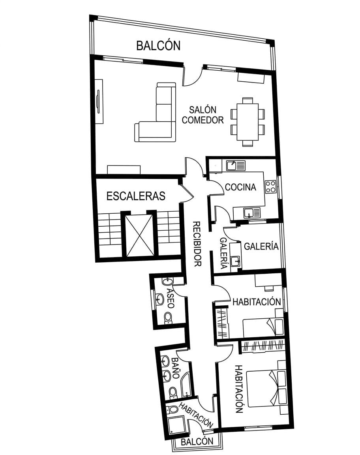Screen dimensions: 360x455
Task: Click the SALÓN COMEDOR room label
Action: pyautogui.click(x=203, y=115)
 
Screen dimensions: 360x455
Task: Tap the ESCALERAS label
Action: pyautogui.click(x=136, y=196)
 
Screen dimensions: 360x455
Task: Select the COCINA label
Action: pyautogui.click(x=240, y=187)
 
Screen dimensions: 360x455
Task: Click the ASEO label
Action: pyautogui.click(x=171, y=298)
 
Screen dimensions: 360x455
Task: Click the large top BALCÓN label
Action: pyautogui.click(x=158, y=45)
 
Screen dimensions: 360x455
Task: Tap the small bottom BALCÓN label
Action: pyautogui.click(x=197, y=442)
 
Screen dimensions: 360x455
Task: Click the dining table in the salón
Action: pyautogui.click(x=247, y=122)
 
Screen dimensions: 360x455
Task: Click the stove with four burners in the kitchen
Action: pyautogui.click(x=270, y=186)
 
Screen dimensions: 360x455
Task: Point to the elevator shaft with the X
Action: pyautogui.click(x=139, y=235)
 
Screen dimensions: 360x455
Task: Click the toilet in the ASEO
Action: pyautogui.click(x=168, y=318)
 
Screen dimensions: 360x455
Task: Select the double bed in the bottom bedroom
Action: pyautogui.click(x=266, y=388)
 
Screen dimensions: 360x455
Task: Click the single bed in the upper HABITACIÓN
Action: pyautogui.click(x=263, y=327)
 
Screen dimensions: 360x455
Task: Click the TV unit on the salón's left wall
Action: pyautogui.click(x=99, y=101)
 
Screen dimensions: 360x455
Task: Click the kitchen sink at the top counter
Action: pyautogui.click(x=236, y=165)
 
